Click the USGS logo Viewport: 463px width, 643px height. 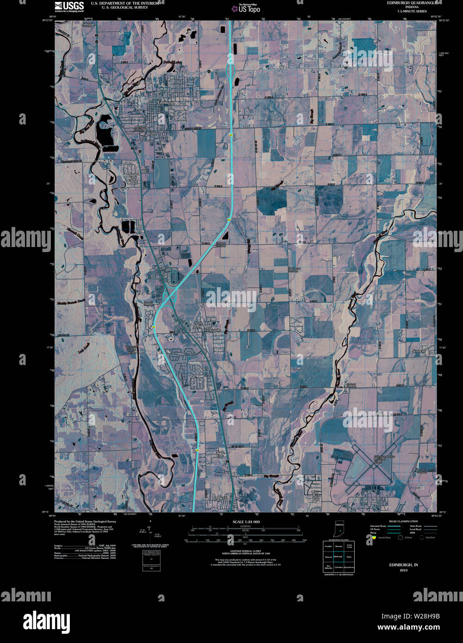click(x=69, y=6)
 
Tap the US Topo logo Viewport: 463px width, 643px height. click(x=246, y=8)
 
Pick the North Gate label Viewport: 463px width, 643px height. click(x=220, y=454)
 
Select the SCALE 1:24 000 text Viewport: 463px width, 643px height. click(x=246, y=522)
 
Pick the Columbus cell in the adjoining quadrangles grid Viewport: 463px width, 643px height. click(x=339, y=567)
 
